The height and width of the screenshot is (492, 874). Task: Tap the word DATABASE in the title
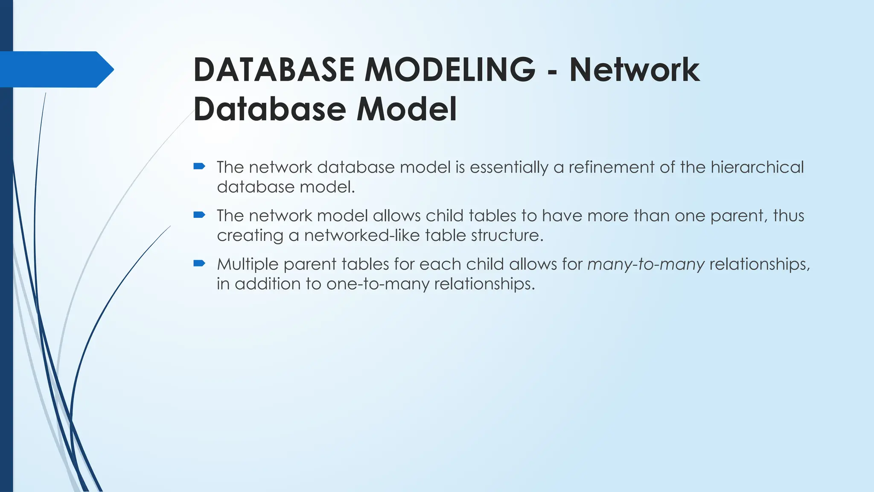(274, 70)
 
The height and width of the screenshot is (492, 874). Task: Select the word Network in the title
(634, 70)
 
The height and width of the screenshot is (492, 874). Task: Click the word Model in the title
(406, 109)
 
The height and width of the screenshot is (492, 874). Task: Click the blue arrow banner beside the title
(55, 69)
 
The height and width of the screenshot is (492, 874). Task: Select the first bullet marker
(199, 166)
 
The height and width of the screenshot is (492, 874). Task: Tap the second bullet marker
(199, 215)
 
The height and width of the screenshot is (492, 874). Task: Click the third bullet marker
(199, 263)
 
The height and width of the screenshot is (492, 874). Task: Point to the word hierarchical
(757, 167)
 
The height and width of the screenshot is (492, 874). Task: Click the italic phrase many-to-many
(646, 264)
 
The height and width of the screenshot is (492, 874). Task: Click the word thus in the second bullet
(789, 216)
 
